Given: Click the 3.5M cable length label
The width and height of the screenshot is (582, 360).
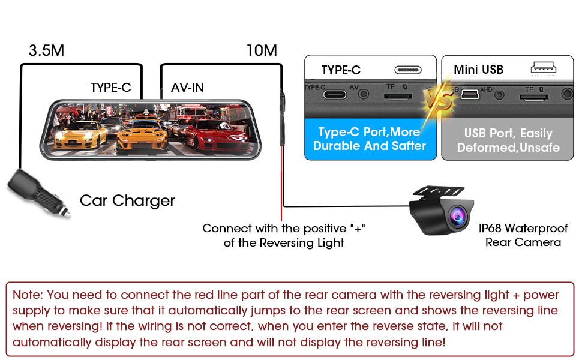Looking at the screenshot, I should pos(46,50).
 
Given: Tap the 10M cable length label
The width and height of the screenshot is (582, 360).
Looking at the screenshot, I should pos(262,50).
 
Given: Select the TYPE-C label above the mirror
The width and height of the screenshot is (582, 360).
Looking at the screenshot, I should pos(110,88).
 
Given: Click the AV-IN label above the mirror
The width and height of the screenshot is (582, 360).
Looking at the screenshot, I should pos(187,88).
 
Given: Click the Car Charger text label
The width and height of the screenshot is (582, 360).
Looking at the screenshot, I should pos(127,200).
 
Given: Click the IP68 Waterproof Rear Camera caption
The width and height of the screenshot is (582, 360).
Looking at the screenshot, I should pos(523,235).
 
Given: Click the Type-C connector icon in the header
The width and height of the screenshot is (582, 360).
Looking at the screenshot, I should pos(412,70).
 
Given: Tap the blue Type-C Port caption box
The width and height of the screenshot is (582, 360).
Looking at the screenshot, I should pos(370,139).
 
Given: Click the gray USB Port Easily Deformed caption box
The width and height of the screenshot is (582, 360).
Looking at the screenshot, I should pos(508,140).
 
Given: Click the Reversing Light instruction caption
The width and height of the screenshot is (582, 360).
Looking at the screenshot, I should pos(284,235).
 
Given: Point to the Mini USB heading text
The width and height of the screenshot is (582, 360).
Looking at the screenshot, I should pos(478,70).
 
